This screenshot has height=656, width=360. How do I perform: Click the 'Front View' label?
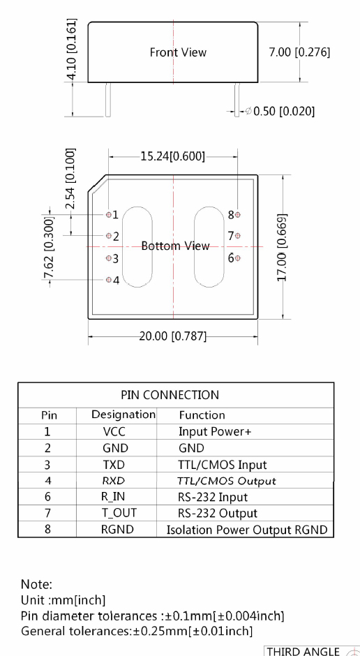click(x=178, y=52)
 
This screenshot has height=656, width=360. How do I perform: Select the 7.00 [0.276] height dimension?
click(x=299, y=52)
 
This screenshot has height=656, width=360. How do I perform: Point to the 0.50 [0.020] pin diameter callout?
click(x=280, y=111)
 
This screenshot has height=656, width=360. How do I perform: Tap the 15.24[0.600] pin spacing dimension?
click(x=173, y=156)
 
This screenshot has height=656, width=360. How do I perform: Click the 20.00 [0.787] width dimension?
click(x=173, y=336)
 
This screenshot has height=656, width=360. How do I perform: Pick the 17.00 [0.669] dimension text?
click(x=283, y=247)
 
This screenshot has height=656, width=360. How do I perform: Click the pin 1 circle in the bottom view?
click(x=109, y=215)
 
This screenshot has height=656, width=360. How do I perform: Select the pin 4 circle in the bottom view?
click(x=109, y=280)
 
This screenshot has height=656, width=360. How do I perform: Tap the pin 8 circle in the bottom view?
click(x=238, y=215)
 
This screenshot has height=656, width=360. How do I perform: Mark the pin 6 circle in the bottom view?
click(x=238, y=258)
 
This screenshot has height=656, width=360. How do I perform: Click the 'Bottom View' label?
click(x=175, y=246)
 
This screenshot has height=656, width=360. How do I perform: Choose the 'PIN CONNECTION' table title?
click(x=170, y=395)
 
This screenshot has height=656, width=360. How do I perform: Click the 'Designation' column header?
click(x=123, y=415)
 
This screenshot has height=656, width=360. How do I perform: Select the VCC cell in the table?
click(x=114, y=431)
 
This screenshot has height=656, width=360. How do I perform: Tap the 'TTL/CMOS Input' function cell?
click(x=223, y=465)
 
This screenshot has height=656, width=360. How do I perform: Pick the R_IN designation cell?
click(x=113, y=497)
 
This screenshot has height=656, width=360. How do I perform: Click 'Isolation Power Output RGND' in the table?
click(x=247, y=530)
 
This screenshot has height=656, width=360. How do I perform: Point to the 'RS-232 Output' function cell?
click(x=218, y=514)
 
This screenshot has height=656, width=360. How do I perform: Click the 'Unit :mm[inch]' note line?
click(x=63, y=600)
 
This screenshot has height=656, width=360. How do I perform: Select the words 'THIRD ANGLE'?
click(x=303, y=651)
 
